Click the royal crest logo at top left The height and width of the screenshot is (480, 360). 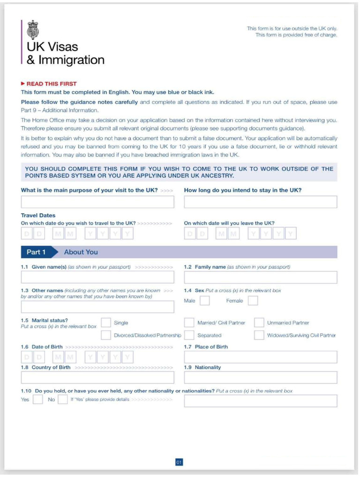click(x=33, y=30)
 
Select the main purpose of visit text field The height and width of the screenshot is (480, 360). click(x=97, y=202)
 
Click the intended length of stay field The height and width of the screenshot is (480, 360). click(x=260, y=202)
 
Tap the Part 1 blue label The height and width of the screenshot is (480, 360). click(x=36, y=252)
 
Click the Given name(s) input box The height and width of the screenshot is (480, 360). click(x=97, y=277)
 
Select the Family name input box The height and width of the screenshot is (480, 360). click(x=260, y=277)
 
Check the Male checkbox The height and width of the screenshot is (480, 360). click(x=204, y=301)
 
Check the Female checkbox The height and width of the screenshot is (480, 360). click(x=253, y=301)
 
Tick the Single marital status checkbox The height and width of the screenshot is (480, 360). click(x=106, y=322)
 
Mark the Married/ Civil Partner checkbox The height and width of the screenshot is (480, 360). click(x=189, y=322)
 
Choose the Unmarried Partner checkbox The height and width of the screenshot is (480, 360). click(x=259, y=322)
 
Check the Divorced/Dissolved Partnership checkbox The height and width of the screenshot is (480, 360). click(x=106, y=335)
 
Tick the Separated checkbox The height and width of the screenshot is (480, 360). click(x=189, y=335)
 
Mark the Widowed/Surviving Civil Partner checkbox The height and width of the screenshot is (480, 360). click(x=259, y=335)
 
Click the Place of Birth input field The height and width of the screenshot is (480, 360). click(x=260, y=357)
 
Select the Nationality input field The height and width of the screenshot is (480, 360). click(x=260, y=378)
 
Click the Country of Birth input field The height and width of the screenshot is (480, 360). click(x=97, y=378)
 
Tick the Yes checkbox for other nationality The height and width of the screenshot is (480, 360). click(x=38, y=400)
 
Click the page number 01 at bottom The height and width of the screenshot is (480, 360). click(x=179, y=463)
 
